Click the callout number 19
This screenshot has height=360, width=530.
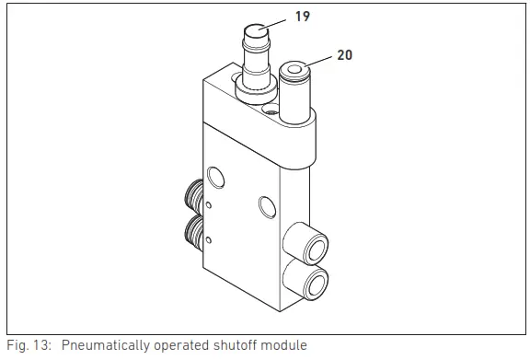point(303,17)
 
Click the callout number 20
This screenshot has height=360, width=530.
point(344,55)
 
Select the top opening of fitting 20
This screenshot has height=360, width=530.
point(296,69)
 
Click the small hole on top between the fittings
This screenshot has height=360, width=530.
point(270,110)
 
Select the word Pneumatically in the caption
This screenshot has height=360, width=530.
point(103,345)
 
